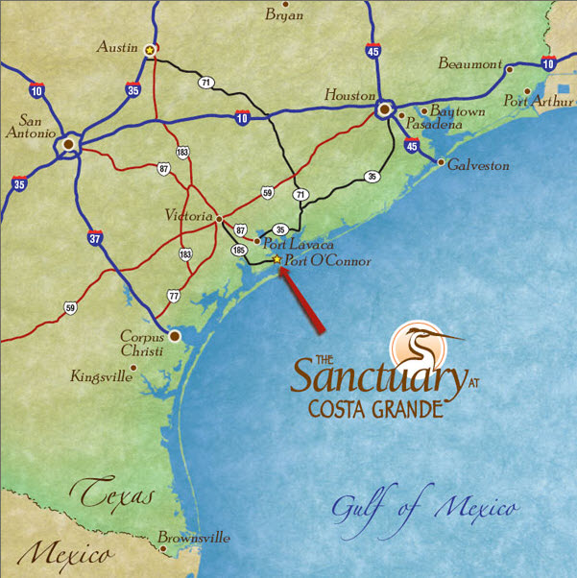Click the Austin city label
(x=118, y=45)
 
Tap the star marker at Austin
(x=149, y=49)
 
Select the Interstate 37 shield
(x=94, y=238)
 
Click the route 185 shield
(x=239, y=250)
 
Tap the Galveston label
(x=477, y=165)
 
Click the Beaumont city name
(x=469, y=64)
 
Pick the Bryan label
(x=283, y=15)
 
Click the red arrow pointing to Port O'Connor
(x=303, y=301)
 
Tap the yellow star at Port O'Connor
(x=277, y=259)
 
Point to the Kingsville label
(x=101, y=376)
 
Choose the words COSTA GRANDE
(x=375, y=408)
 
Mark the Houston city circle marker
(x=384, y=110)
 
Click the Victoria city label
(x=188, y=217)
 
